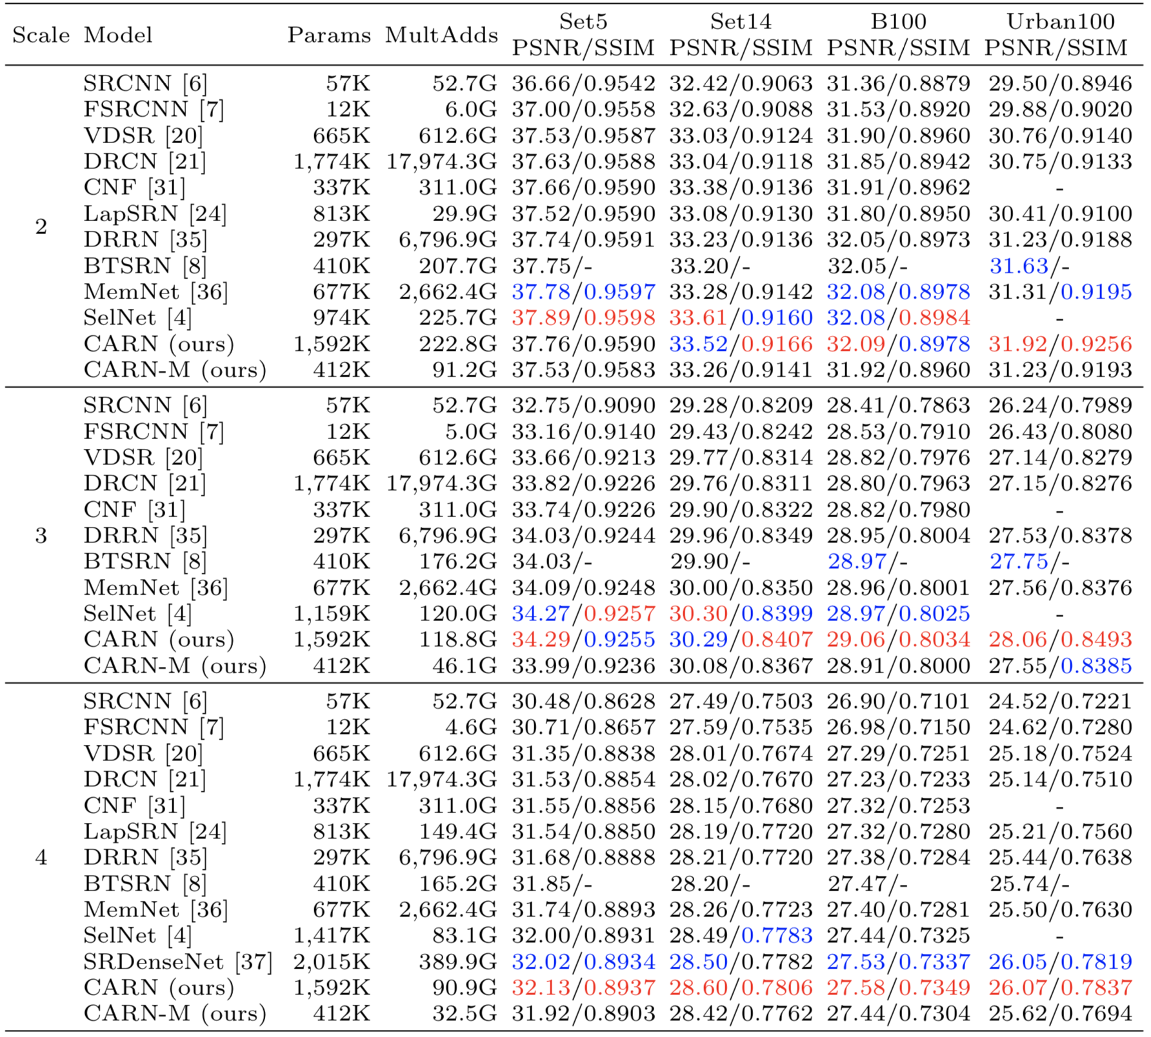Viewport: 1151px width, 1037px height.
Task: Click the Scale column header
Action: pos(41,35)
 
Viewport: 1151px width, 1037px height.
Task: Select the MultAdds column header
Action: pos(441,35)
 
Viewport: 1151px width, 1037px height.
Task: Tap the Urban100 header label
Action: pos(1060,21)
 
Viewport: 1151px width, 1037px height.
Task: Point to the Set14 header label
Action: pos(741,21)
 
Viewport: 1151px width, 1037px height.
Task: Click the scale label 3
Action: pos(41,535)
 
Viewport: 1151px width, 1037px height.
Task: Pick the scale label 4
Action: pos(41,857)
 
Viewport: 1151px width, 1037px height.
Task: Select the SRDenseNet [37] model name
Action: pos(177,962)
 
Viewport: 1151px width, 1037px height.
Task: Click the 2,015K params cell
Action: pos(332,962)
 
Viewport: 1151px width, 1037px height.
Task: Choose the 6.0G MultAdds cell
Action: pos(471,110)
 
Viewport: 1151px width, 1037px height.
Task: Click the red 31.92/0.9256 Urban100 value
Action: pos(1060,344)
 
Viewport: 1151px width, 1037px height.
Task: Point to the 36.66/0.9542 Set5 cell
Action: pos(583,84)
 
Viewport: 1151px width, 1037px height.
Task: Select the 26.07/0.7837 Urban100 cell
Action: pos(1060,987)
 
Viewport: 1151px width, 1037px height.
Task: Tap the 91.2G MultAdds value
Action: pos(465,370)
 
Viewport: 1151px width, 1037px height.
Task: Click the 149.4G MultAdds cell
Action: pos(458,831)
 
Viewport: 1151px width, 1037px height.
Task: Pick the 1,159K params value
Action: pos(332,613)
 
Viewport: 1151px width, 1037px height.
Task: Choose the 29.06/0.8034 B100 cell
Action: pos(898,639)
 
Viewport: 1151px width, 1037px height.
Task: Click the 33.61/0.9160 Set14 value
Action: pos(741,318)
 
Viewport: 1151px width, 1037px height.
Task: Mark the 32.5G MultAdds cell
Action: pos(465,1013)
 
